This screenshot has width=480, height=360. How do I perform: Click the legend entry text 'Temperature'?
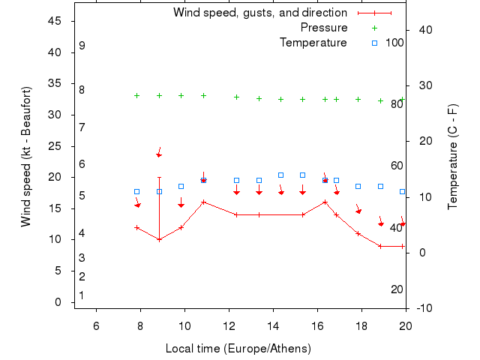[x=313, y=43]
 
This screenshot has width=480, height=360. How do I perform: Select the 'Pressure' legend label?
[x=323, y=28]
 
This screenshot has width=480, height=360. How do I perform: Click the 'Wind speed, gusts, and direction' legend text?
[x=259, y=13]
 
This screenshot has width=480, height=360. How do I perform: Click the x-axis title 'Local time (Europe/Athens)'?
[x=238, y=349]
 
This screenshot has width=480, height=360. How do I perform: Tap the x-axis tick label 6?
[x=96, y=325]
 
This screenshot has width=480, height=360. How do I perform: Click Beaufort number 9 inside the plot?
[x=82, y=46]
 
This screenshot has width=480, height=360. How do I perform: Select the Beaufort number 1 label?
[x=82, y=295]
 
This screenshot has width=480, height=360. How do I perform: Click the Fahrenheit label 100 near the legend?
[x=394, y=43]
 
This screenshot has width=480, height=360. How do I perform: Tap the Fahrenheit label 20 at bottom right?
[x=397, y=289]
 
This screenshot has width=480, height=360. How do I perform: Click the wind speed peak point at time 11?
[x=203, y=202]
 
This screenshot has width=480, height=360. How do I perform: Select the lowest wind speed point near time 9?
[x=159, y=239]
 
